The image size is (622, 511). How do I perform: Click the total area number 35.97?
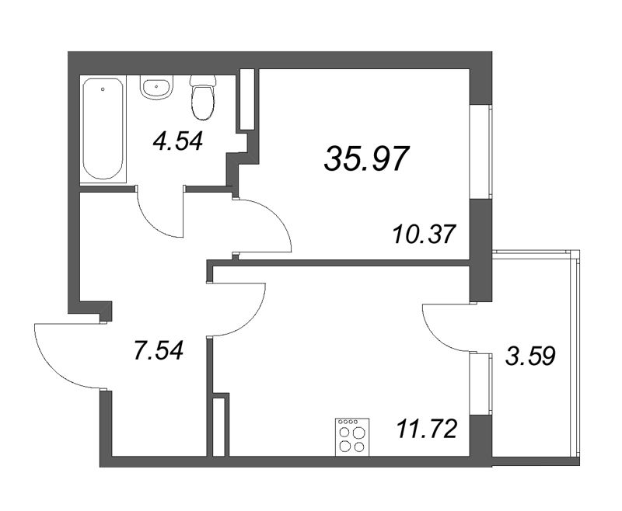pos(365,159)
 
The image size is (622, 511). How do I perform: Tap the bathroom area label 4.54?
pos(177,141)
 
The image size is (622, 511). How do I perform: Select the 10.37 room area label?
pos(423,233)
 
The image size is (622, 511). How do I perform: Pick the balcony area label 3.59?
pos(531,359)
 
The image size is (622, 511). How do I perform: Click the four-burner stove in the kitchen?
pos(351,437)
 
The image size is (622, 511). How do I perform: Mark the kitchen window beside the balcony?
pos(481,384)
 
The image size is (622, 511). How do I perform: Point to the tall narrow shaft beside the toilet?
pos(247,99)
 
